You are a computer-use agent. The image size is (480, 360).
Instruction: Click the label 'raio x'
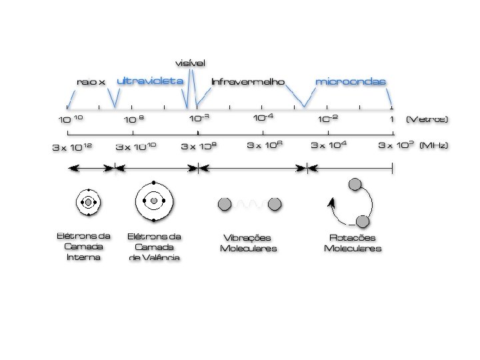pos(91,82)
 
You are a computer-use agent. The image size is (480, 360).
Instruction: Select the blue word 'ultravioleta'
pos(150,81)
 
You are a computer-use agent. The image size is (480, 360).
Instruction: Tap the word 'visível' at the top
pos(191,63)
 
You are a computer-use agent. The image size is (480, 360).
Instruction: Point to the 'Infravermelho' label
pos(247,82)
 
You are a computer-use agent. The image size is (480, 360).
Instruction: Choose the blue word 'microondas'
pos(350,81)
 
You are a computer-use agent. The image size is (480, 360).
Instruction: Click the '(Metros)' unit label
pos(427,119)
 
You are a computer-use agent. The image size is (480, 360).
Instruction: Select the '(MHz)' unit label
pos(433,145)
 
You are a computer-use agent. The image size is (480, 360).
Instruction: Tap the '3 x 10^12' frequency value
pos(73,147)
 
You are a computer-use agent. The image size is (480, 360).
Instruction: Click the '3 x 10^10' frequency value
pos(136,146)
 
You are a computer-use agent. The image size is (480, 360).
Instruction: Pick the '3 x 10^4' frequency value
pos(333,145)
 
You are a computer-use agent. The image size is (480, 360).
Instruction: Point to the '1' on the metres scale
pos(391,119)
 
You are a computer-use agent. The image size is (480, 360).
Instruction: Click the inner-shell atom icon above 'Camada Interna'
pos(87,201)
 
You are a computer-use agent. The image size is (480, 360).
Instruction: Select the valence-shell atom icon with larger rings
pos(153,201)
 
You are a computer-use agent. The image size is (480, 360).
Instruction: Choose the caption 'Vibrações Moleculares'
pos(248,243)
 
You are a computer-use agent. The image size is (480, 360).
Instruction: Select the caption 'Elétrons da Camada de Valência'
pos(154,246)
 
